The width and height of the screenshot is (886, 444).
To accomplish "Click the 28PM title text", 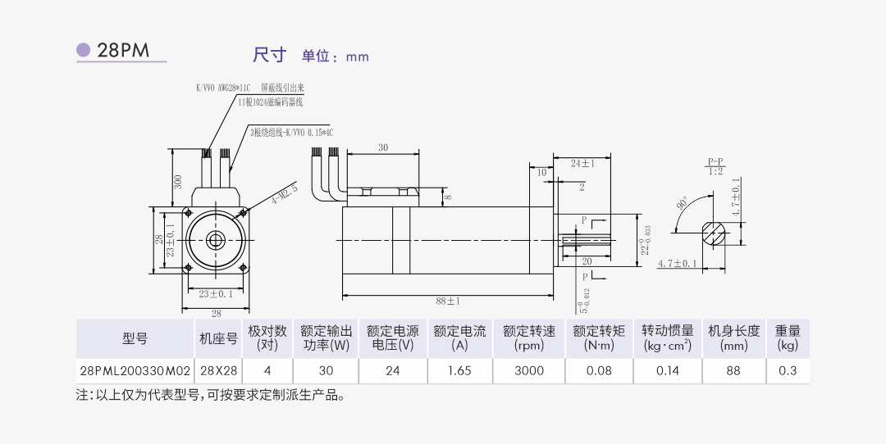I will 123,50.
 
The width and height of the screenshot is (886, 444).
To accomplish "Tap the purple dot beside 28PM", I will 84,50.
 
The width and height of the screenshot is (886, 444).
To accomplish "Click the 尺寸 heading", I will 269,55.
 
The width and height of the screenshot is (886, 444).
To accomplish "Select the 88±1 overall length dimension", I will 447,301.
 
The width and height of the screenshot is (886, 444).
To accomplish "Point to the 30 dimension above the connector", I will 383,148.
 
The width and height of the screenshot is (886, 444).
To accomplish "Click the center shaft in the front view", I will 217,239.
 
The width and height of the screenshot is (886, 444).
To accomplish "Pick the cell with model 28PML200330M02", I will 135,370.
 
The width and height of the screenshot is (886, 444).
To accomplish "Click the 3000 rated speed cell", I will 528,370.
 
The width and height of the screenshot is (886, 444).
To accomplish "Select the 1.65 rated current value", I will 459,370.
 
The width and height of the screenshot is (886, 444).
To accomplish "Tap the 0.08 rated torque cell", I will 599,370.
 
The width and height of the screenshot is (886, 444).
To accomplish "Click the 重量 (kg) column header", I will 788,338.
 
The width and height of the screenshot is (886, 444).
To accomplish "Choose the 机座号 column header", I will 218,338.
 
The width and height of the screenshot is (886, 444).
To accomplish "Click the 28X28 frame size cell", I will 218,370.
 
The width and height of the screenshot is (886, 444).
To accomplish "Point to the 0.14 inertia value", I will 668,370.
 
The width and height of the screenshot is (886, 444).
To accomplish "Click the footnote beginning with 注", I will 210,396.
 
